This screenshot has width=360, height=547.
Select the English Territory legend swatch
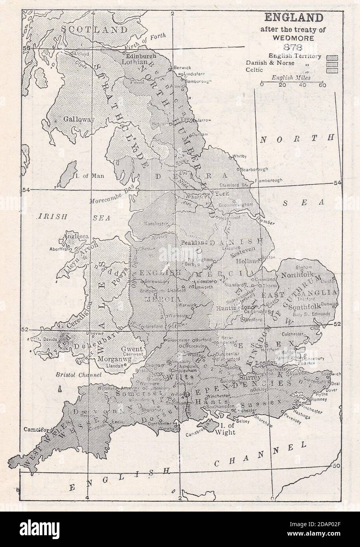[330, 57]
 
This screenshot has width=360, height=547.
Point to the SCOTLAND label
[96, 30]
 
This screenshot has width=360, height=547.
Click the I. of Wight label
[222, 429]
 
